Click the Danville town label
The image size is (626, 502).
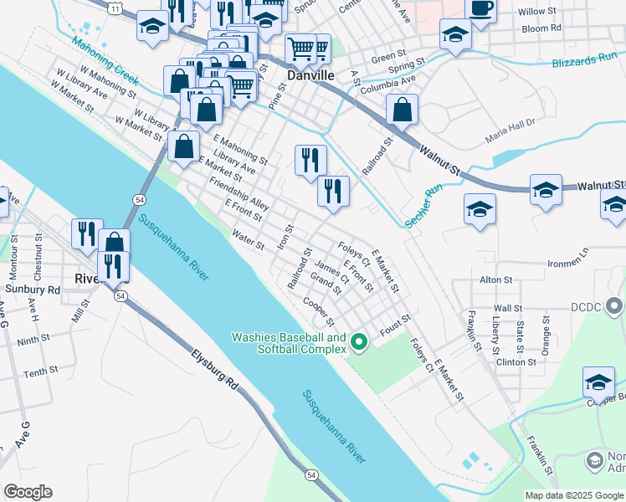pyautogui.click(x=310, y=75)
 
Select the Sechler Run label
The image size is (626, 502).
pyautogui.click(x=423, y=206)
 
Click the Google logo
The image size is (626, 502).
pyautogui.click(x=28, y=492)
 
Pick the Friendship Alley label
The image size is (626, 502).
pyautogui.click(x=239, y=193)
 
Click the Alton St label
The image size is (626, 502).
pyautogui.click(x=495, y=279)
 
